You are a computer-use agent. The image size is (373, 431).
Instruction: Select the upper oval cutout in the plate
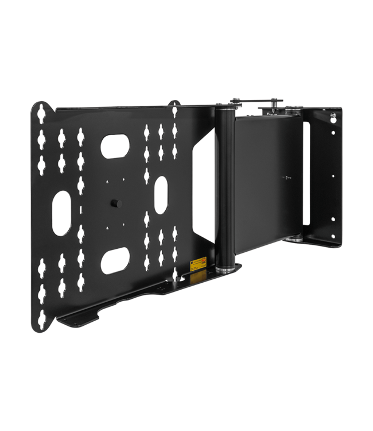(x=115, y=146)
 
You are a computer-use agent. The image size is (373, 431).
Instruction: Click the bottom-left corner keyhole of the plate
(x=42, y=320)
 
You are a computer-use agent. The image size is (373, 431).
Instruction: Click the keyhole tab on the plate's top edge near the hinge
(x=174, y=105)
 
